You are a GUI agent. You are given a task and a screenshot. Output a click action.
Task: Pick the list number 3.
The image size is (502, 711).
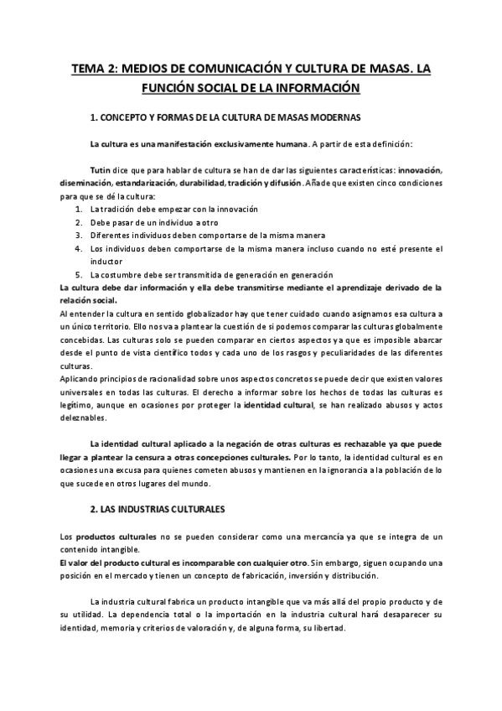[x=78, y=236]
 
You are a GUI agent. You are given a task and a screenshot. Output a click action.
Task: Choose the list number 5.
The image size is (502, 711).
[x=78, y=275]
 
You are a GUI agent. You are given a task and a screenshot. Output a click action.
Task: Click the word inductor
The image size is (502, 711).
[x=106, y=262]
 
